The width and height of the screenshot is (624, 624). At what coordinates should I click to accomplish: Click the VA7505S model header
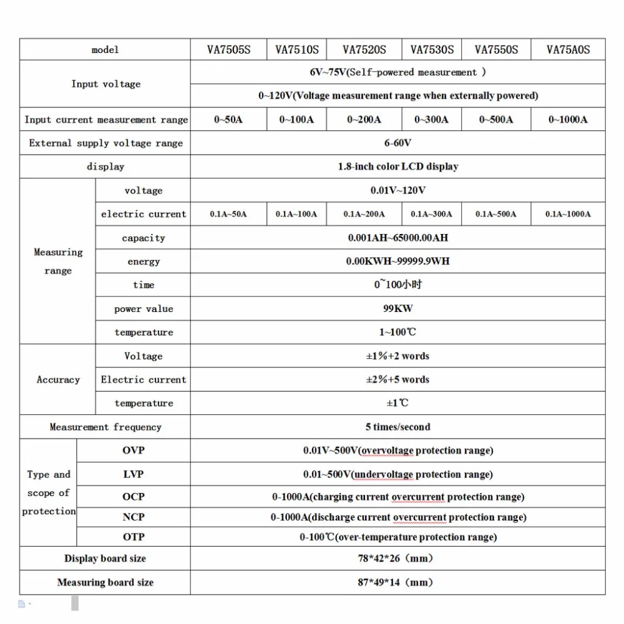[228, 50]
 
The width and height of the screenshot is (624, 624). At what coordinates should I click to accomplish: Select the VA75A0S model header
[568, 50]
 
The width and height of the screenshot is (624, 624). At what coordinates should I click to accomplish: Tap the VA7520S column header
[364, 50]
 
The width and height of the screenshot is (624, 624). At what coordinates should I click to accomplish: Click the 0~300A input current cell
[432, 119]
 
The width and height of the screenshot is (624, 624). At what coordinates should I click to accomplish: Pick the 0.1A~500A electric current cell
[496, 214]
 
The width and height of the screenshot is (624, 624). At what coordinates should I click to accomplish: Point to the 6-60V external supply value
[397, 143]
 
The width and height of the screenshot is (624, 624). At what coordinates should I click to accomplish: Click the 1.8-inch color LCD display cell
[397, 167]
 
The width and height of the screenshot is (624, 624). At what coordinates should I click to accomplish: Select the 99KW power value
[397, 308]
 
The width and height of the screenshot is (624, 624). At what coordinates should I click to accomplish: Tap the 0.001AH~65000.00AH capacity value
[397, 238]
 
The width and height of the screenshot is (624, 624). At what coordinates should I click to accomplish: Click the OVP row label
[133, 451]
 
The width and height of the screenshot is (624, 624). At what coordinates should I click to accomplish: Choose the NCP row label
[133, 517]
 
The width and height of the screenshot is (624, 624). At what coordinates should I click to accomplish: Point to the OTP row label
[133, 537]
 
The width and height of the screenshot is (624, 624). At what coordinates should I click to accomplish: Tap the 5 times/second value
[397, 427]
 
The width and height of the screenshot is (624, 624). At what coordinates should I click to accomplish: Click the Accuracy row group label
[58, 379]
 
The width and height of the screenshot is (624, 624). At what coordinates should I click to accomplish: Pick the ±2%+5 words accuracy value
[397, 379]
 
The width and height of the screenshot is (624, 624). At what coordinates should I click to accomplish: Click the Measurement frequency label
[105, 427]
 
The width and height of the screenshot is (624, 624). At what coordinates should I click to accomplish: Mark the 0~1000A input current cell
[568, 119]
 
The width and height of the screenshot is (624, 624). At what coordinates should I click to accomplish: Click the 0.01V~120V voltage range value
[397, 190]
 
